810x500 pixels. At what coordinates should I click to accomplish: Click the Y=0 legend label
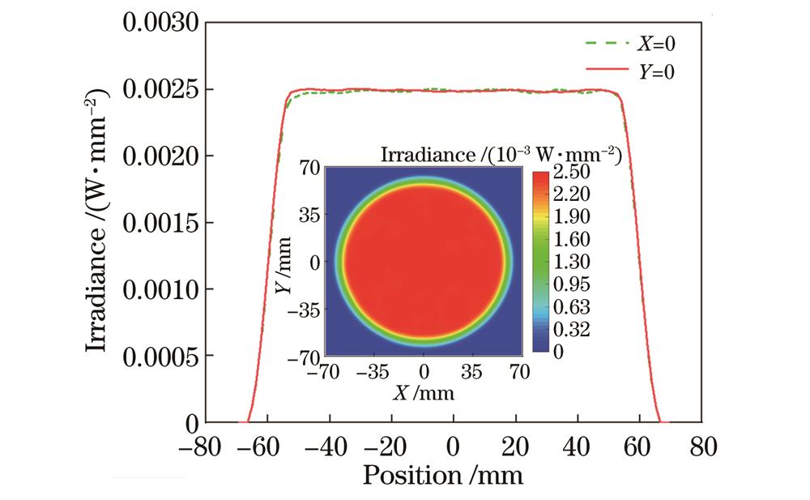tap(657, 72)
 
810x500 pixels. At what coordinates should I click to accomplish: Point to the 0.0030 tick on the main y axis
tap(160, 23)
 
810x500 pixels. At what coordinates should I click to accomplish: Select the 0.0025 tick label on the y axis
tap(160, 88)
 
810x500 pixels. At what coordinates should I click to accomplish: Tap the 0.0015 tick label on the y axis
tap(160, 222)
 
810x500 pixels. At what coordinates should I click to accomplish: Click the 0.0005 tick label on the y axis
tap(160, 355)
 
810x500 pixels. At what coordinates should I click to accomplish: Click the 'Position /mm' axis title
tap(442, 473)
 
